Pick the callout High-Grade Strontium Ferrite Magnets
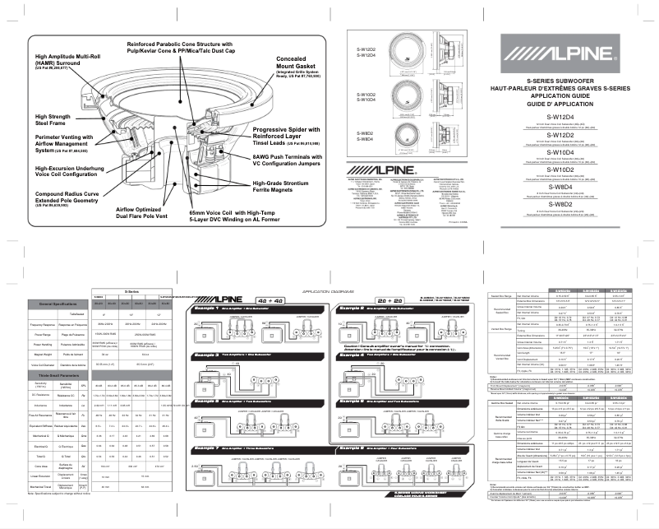coord(283,188)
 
